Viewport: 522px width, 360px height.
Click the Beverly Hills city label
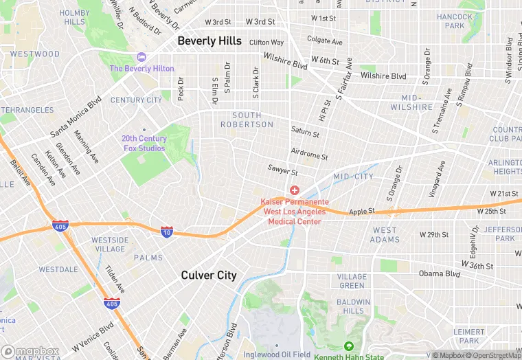[x=209, y=41]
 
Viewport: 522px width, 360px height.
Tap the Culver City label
[x=209, y=275]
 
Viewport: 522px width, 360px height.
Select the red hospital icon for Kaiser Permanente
[x=295, y=190]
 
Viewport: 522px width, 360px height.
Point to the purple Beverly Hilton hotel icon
[x=142, y=56]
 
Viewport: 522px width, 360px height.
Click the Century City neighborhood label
[x=136, y=100]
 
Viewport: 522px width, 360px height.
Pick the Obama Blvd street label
[x=440, y=273]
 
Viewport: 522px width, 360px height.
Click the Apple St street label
[x=362, y=212]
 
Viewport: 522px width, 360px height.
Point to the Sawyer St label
[x=282, y=171]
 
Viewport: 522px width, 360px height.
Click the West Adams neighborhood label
[x=385, y=235]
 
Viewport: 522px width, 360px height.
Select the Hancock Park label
[x=455, y=21]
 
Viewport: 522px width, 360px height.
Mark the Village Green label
[x=352, y=281]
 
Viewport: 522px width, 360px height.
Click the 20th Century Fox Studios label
[x=144, y=143]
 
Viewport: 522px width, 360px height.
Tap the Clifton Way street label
[x=266, y=43]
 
